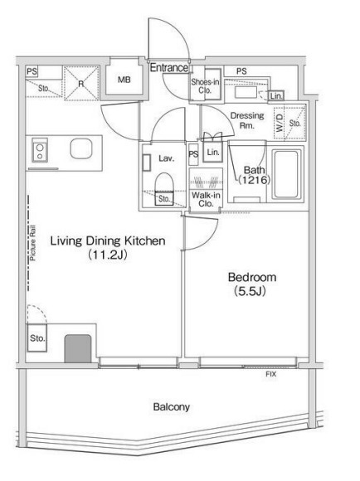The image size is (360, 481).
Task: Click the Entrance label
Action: (169, 67)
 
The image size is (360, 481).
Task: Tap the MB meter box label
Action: (124, 80)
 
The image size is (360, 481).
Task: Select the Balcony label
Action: (171, 407)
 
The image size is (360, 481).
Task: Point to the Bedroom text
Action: (252, 277)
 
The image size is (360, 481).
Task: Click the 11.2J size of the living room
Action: (108, 255)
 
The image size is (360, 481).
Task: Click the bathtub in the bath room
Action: (286, 174)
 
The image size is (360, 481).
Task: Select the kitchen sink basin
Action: (81, 148)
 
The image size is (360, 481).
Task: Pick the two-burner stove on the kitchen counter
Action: (40, 149)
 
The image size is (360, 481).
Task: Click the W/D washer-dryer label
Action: (280, 124)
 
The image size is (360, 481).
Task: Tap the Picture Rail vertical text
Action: (32, 243)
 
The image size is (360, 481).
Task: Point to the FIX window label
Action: (270, 374)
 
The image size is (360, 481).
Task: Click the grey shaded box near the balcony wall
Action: (78, 348)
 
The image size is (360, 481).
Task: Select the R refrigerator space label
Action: (81, 84)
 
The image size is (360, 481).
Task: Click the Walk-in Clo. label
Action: (206, 199)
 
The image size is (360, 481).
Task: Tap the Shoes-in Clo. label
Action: (205, 86)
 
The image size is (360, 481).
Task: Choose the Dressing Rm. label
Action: (247, 120)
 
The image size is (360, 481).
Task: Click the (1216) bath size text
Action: (255, 180)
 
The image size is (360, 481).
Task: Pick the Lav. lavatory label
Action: (167, 158)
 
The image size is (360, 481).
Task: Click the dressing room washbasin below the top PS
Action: (246, 92)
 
